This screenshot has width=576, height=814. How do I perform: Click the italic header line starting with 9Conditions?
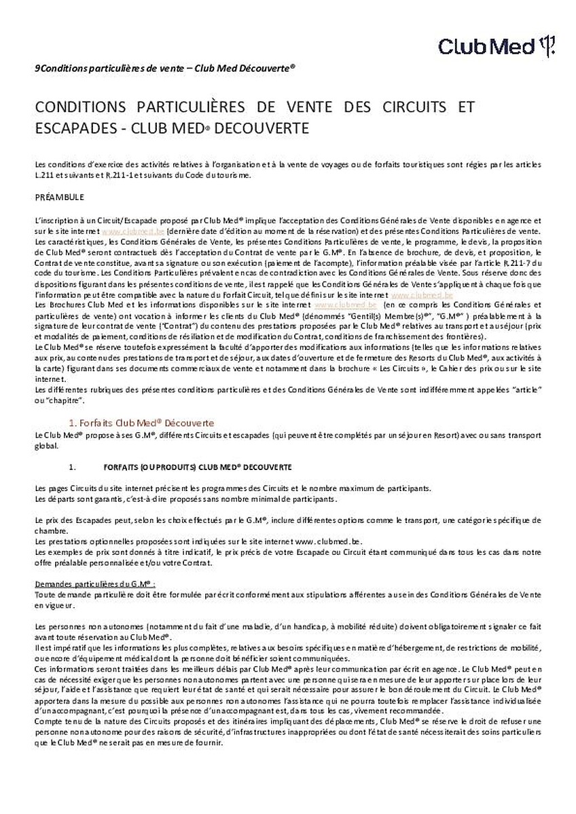click(165, 69)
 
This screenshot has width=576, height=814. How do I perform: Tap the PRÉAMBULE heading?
click(59, 197)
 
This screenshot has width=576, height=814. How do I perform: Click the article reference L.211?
click(44, 175)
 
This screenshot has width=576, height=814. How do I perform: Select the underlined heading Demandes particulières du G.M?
click(95, 583)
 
